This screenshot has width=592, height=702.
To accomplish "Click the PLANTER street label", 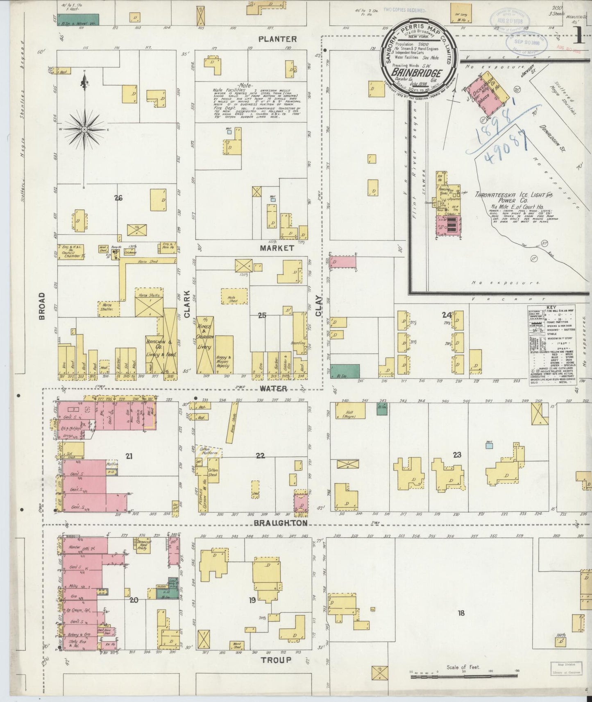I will pyautogui.click(x=277, y=39).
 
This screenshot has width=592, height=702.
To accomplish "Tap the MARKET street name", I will pyautogui.click(x=277, y=248).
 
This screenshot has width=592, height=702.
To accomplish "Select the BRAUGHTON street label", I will pyautogui.click(x=281, y=523).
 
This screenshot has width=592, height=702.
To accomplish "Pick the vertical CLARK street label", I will pyautogui.click(x=187, y=304).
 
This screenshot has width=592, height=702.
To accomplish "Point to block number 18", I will pyautogui.click(x=461, y=613).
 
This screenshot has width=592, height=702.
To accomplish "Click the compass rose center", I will pyautogui.click(x=84, y=129).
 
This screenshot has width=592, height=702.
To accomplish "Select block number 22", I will pyautogui.click(x=260, y=455).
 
